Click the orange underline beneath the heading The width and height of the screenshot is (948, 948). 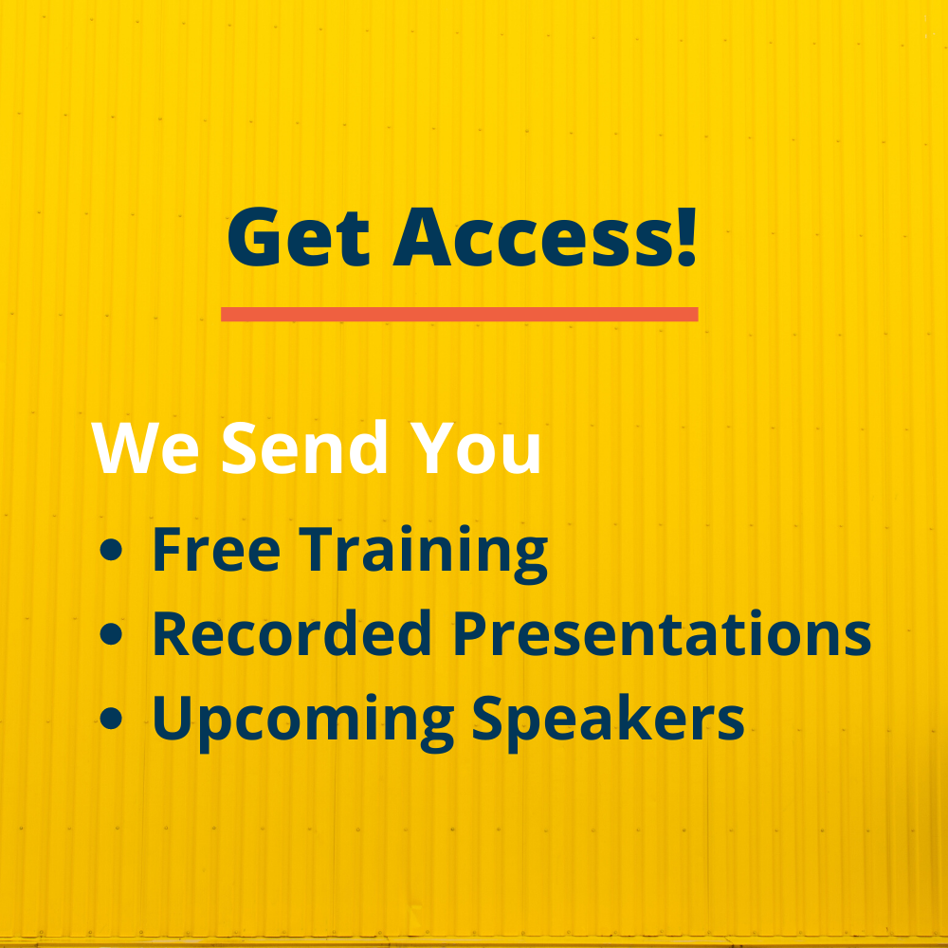click(x=460, y=314)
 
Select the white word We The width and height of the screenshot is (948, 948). click(x=144, y=447)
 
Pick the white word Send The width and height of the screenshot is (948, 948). click(x=304, y=447)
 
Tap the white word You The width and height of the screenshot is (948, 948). click(x=475, y=447)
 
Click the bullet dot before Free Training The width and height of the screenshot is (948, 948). click(x=111, y=550)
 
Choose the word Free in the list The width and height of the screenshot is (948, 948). click(x=216, y=550)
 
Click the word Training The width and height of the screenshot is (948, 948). click(x=423, y=554)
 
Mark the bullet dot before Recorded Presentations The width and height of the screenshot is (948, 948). click(x=111, y=634)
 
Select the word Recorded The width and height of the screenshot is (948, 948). click(x=291, y=633)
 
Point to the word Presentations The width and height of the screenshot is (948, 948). click(x=662, y=633)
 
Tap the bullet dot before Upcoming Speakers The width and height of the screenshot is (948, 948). click(x=111, y=719)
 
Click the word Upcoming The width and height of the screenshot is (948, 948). click(x=303, y=722)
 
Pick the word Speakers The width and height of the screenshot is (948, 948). click(x=609, y=721)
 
